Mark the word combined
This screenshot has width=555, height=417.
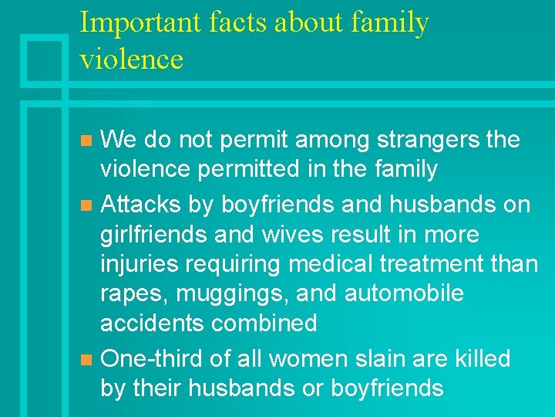click(263, 323)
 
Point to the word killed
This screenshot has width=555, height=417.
click(481, 358)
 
